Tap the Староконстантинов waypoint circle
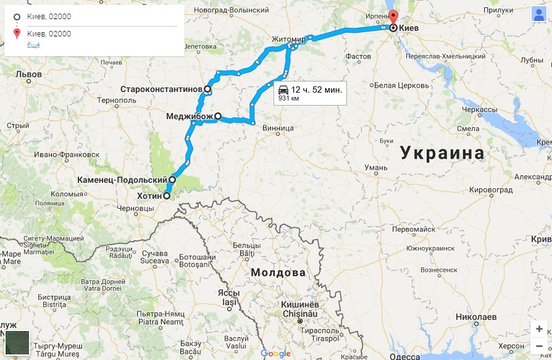[x=207, y=90]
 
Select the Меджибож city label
[x=190, y=115]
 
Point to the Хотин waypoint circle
[x=166, y=196]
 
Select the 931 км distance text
[x=289, y=98]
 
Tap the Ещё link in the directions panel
[x=33, y=46]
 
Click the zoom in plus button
[x=539, y=329]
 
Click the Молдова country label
[x=278, y=272]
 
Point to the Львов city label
[x=28, y=74]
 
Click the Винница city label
[x=278, y=128]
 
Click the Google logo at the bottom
[x=275, y=354]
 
